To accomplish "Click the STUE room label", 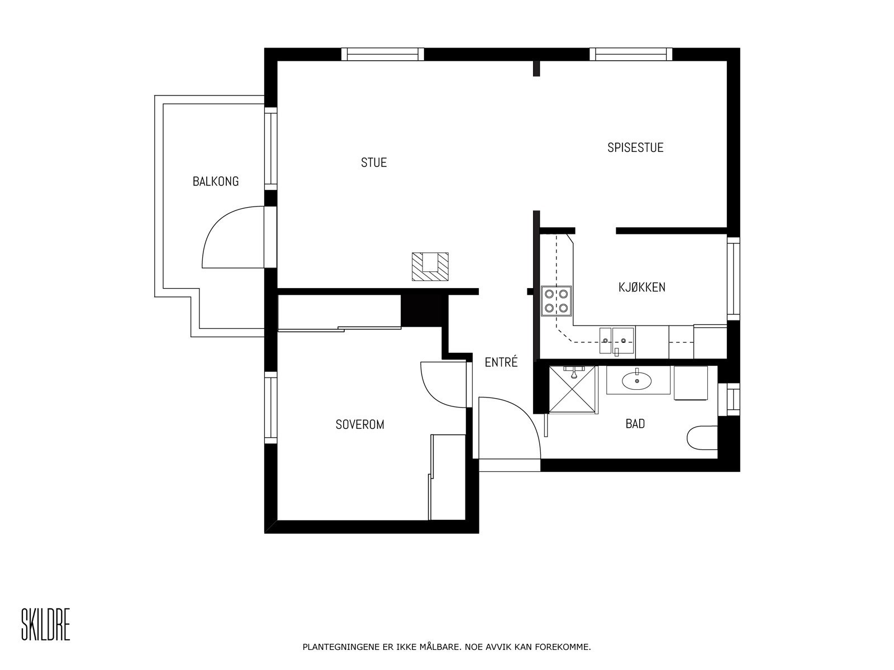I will [x=374, y=162].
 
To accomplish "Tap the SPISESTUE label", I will [x=635, y=148].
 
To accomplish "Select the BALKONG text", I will [x=215, y=181].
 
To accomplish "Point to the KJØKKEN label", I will [x=641, y=288].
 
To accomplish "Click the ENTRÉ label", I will [x=501, y=362].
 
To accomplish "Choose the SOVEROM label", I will [x=360, y=425].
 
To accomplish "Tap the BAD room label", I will [x=635, y=424].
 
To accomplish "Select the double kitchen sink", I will [x=617, y=341].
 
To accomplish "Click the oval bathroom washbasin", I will [x=636, y=381].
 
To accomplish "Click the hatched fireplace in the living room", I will [x=431, y=266].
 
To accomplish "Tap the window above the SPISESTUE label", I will [x=631, y=54].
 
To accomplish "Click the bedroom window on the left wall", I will [x=270, y=408].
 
